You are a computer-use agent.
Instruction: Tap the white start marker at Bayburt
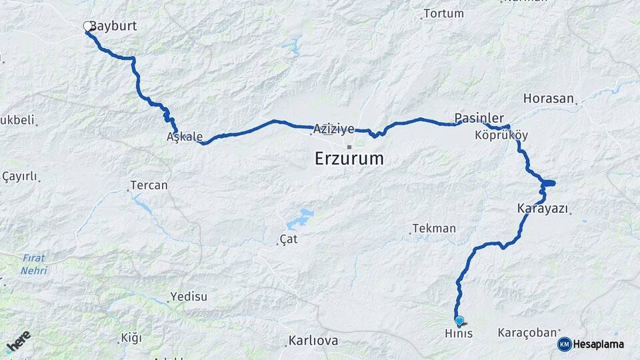click(87, 26)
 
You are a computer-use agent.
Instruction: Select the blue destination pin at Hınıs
click(459, 320)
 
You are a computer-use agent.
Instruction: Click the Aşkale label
click(185, 137)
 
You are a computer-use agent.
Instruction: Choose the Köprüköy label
click(501, 135)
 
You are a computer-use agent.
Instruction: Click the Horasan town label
click(549, 99)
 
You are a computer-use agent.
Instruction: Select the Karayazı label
click(542, 209)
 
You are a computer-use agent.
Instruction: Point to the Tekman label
click(434, 229)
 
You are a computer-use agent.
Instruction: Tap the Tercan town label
click(149, 185)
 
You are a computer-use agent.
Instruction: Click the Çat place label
click(287, 239)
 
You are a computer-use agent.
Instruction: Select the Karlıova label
click(313, 341)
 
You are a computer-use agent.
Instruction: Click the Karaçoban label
click(527, 332)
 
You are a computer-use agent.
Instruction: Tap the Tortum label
click(443, 13)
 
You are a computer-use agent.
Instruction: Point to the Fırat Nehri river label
click(33, 264)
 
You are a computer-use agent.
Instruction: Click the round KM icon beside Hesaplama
click(564, 344)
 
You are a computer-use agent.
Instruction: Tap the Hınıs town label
click(459, 333)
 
